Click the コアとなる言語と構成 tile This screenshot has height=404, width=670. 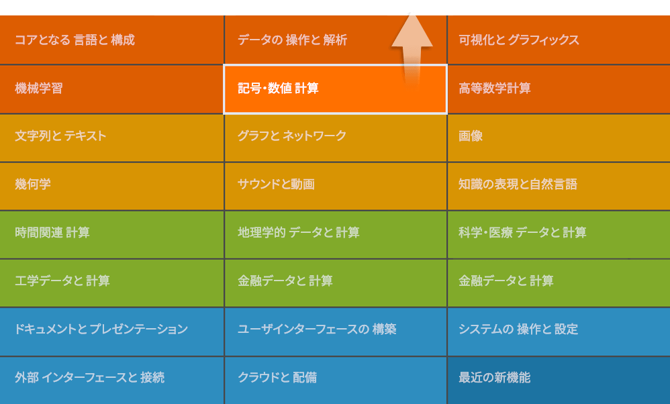point(111,40)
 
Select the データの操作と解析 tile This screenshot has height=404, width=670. point(336,40)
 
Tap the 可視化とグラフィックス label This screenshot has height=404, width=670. point(519,40)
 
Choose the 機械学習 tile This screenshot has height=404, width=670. point(111,89)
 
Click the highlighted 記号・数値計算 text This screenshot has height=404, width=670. point(278,89)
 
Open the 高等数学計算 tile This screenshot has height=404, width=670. point(559,89)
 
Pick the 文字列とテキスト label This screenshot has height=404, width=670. point(60,136)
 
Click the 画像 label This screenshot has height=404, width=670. point(471,136)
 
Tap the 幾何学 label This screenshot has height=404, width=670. point(33,185)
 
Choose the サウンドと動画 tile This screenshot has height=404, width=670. point(336,186)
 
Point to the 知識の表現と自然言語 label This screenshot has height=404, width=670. point(518,185)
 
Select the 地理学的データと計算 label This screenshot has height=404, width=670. point(299,233)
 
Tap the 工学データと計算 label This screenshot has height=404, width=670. point(62,281)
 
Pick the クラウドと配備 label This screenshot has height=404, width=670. point(277,378)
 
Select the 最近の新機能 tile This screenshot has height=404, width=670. point(559,381)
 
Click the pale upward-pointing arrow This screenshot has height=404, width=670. point(412,49)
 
